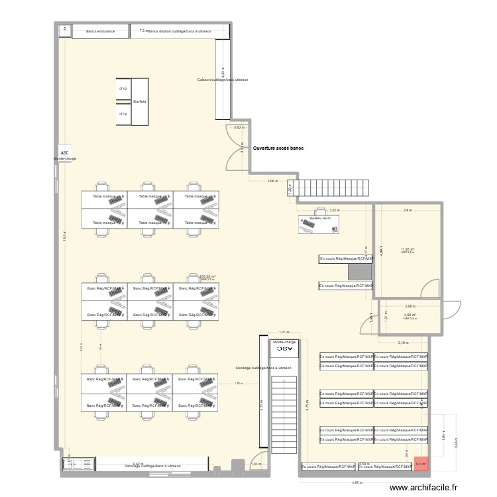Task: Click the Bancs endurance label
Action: click(101, 31)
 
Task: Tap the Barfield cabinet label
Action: click(139, 101)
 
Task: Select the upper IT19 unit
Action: click(123, 89)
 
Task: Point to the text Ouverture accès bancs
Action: click(278, 148)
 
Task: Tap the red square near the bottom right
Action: click(421, 465)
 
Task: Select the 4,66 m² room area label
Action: click(409, 315)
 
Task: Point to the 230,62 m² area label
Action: click(207, 276)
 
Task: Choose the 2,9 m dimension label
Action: click(407, 210)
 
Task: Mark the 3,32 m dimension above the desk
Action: click(334, 209)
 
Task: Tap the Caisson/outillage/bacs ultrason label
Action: click(223, 80)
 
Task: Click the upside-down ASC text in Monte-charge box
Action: click(284, 348)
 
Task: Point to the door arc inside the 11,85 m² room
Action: click(431, 289)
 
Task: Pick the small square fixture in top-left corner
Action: click(65, 29)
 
